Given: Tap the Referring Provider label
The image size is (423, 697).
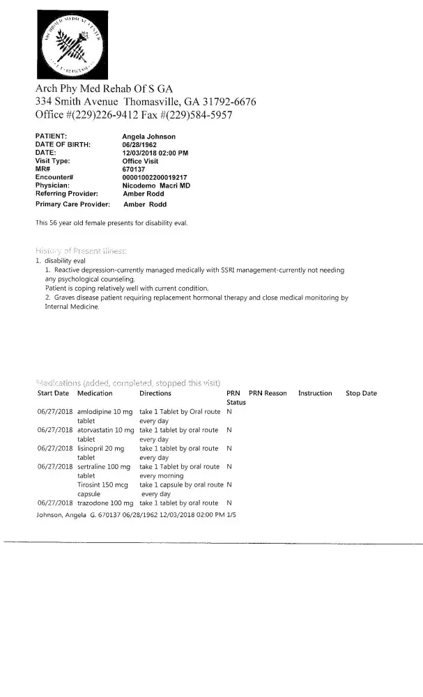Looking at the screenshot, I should [66, 194].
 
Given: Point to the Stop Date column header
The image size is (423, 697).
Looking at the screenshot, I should [361, 393].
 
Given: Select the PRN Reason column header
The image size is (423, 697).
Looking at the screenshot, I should [268, 393].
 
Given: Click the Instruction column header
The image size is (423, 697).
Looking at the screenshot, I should [315, 393].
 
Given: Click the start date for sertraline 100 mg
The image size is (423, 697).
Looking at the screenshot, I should [54, 466].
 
